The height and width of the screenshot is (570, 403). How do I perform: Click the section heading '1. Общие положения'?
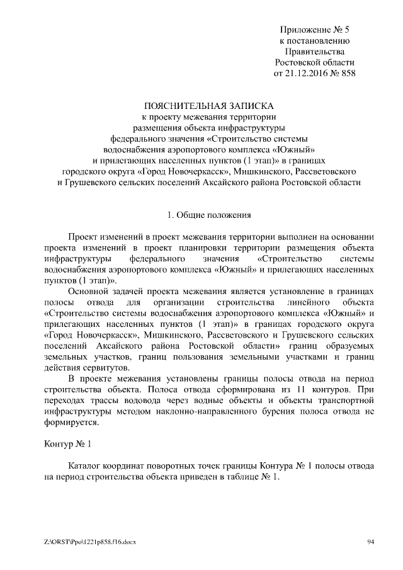[209, 215]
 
